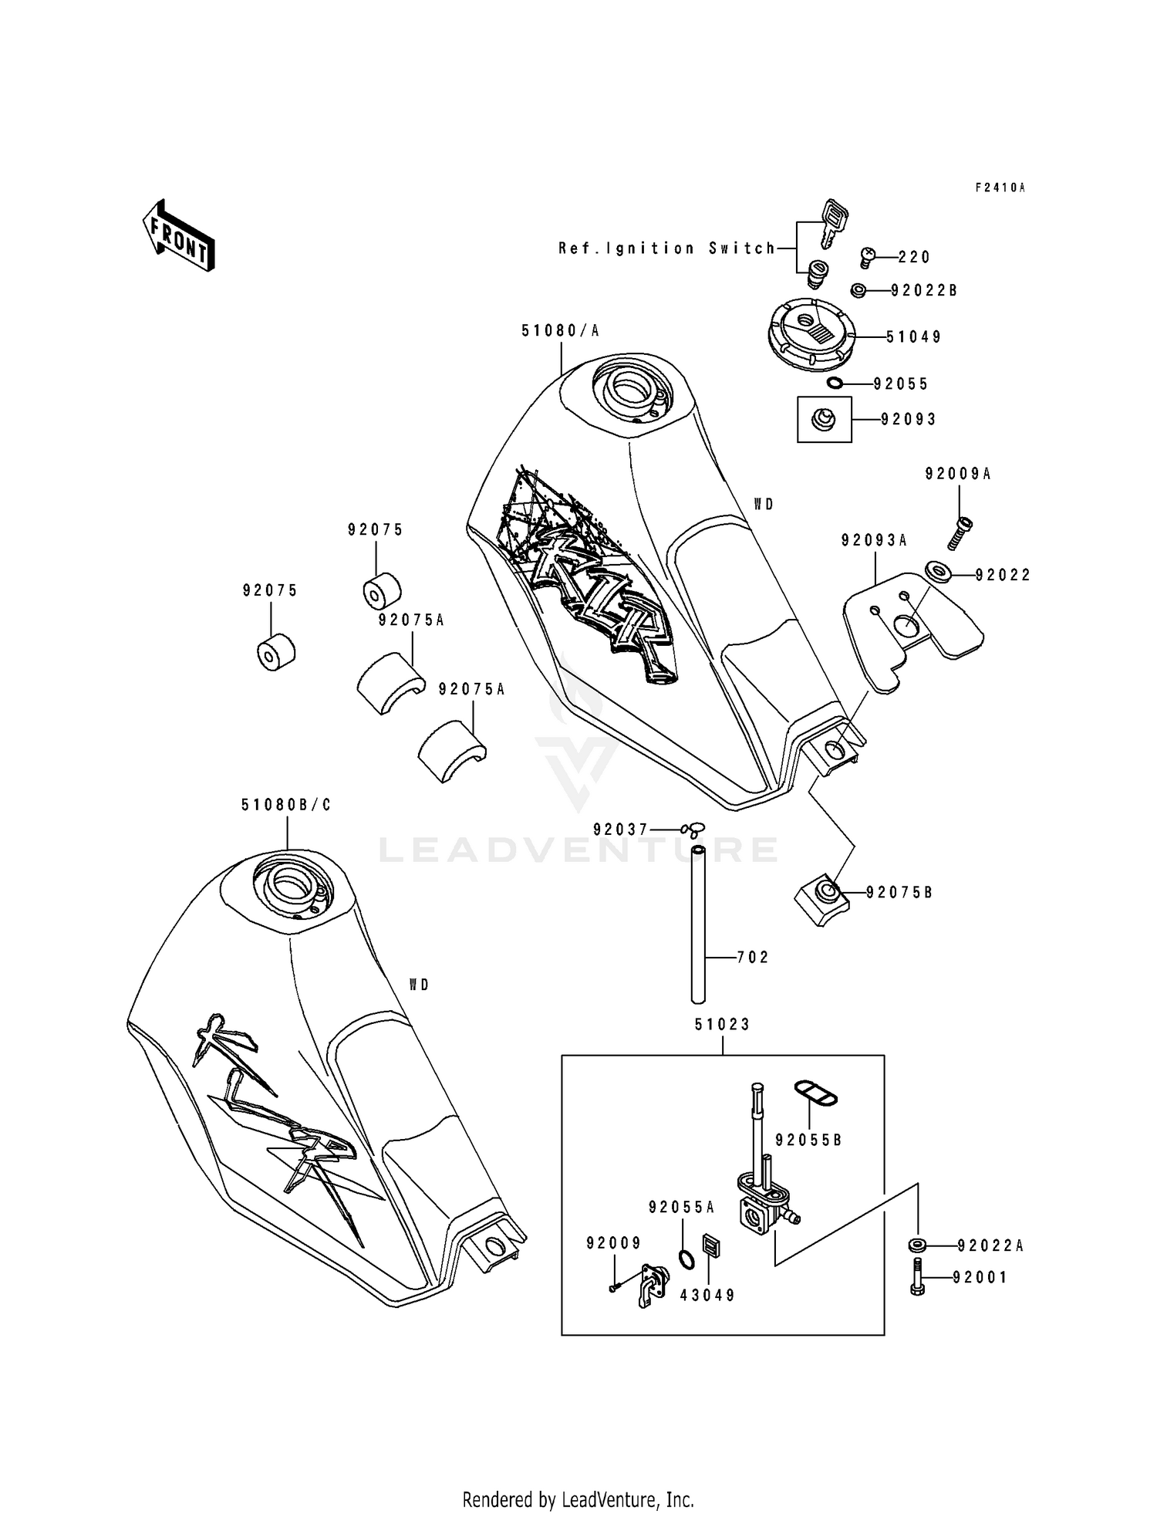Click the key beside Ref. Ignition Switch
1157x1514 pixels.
pyautogui.click(x=832, y=222)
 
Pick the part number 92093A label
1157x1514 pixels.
pyautogui.click(x=875, y=541)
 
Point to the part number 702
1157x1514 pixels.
pyautogui.click(x=753, y=958)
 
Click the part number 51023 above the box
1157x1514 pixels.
pyautogui.click(x=722, y=1025)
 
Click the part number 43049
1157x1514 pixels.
pyautogui.click(x=707, y=1295)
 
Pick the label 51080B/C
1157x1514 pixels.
pyautogui.click(x=286, y=805)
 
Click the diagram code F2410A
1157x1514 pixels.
pyautogui.click(x=1000, y=188)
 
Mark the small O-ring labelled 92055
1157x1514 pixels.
pyautogui.click(x=835, y=384)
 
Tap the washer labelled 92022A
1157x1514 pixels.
pyautogui.click(x=918, y=1245)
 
